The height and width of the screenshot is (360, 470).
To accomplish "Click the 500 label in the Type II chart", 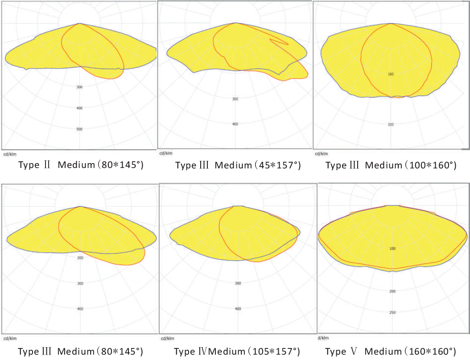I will (79, 129).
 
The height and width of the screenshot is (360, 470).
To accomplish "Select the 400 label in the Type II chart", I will (79, 108).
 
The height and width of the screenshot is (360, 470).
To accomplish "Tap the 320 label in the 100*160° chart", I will (391, 124).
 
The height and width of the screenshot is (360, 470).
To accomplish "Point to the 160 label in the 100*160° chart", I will (391, 74).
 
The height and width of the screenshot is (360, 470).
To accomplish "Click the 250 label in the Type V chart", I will (392, 312).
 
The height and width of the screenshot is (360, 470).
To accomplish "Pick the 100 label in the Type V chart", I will (392, 249).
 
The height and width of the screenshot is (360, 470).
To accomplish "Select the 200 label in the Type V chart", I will (392, 291).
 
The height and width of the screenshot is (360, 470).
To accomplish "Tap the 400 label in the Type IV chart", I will (238, 309).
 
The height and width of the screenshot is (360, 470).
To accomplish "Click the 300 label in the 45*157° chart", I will (235, 98).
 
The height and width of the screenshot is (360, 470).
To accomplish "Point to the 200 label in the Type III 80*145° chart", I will (80, 258).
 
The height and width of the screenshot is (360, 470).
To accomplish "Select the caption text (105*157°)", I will (272, 352).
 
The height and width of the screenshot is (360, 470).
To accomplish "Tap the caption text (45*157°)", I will (277, 166).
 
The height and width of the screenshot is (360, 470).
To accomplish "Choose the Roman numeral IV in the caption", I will (203, 352).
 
